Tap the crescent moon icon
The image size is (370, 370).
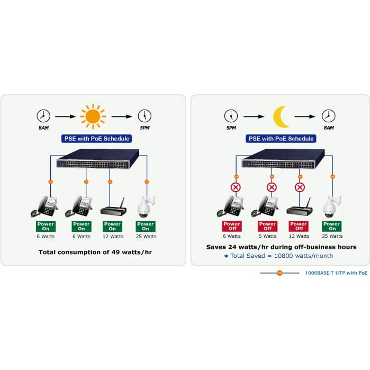click(281, 116)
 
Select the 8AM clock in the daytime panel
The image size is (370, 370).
click(43, 116)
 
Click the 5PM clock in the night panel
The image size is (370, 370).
click(231, 116)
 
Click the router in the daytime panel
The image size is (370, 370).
click(113, 207)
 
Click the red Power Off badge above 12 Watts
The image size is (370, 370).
click(299, 227)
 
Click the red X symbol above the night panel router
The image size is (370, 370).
click(300, 187)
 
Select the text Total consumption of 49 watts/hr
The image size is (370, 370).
click(95, 252)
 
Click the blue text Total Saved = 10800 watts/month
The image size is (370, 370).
click(281, 256)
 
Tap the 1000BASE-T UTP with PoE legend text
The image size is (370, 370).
click(336, 273)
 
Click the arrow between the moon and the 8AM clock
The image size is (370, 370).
click(306, 116)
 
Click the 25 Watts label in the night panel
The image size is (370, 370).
click(332, 237)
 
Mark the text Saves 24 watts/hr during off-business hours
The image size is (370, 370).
click(281, 247)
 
